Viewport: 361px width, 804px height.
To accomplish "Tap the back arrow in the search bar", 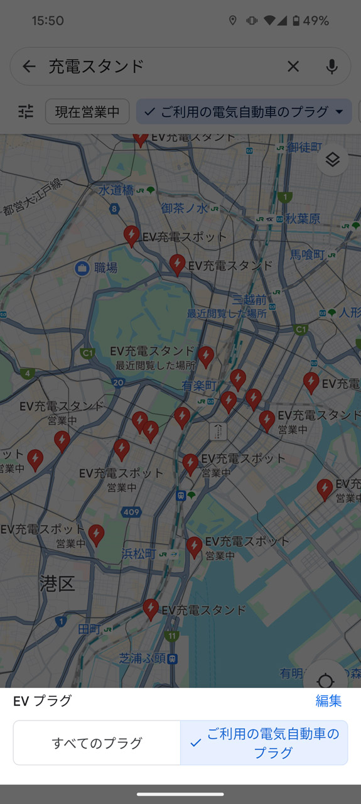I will (x=29, y=67).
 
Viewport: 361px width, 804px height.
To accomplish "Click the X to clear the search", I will (x=293, y=67).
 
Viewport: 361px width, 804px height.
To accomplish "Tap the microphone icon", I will (x=332, y=67).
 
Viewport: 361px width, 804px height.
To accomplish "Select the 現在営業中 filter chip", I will (x=87, y=112).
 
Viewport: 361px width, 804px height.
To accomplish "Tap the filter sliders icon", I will (x=26, y=112).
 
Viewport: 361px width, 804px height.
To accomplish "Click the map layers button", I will (x=332, y=160).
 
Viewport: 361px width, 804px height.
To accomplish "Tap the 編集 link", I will (x=328, y=701).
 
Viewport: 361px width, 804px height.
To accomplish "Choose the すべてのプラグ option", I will (x=97, y=743).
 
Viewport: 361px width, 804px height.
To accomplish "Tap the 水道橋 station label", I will (x=116, y=190).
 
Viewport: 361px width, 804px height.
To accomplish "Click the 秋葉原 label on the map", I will (x=303, y=219).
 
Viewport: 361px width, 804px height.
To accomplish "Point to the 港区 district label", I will (x=57, y=584).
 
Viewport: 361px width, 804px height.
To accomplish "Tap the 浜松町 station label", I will (x=139, y=553).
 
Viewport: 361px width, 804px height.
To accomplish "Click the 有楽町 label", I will (x=199, y=386).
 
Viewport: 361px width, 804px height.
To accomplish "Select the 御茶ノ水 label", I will (x=184, y=208).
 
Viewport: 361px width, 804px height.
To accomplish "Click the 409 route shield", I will (x=131, y=513).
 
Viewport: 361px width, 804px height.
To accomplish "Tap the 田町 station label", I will (x=89, y=628).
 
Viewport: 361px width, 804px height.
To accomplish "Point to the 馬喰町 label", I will (x=307, y=254).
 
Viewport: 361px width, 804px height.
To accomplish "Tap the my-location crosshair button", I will (x=325, y=681).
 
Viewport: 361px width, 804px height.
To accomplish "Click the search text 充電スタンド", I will (x=97, y=67).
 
